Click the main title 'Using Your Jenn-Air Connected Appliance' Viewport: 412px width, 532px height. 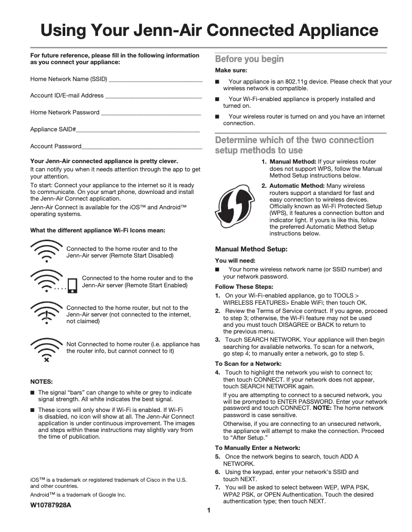[209, 30]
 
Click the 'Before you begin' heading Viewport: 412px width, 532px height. [249, 59]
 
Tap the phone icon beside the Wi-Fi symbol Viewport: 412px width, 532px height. [72, 285]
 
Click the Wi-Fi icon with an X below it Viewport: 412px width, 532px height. [46, 350]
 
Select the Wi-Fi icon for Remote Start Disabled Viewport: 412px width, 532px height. [46, 250]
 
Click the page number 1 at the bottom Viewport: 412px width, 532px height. [209, 510]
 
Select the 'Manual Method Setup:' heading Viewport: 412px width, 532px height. [251, 249]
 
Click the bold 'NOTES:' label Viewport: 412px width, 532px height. [41, 382]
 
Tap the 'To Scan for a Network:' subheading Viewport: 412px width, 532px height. [248, 363]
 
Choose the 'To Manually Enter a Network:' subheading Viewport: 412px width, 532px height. [257, 447]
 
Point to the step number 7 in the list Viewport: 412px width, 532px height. [217, 487]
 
